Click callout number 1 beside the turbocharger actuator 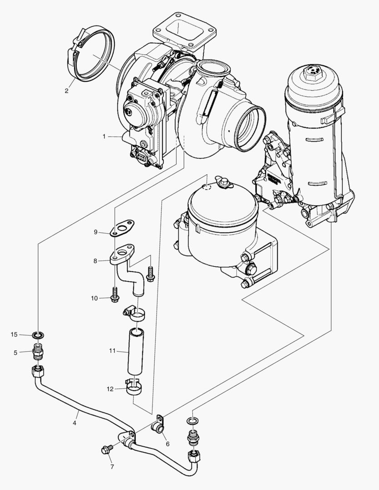[104, 136]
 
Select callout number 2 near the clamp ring [66, 91]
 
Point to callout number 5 [15, 352]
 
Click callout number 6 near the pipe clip [167, 444]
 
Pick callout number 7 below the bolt [111, 466]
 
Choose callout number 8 [95, 261]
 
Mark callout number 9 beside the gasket [95, 232]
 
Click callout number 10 [94, 298]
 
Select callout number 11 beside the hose [112, 351]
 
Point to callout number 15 [14, 335]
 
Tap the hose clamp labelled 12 [134, 387]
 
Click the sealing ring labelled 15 [38, 335]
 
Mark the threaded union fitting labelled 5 [38, 352]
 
